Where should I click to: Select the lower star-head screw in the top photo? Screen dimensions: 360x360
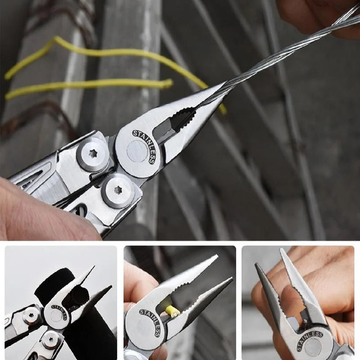[117, 190]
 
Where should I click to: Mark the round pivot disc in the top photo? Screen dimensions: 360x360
[137, 151]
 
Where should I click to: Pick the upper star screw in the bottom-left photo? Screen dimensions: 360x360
[32, 316]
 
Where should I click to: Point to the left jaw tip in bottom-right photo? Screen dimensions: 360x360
[257, 265]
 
